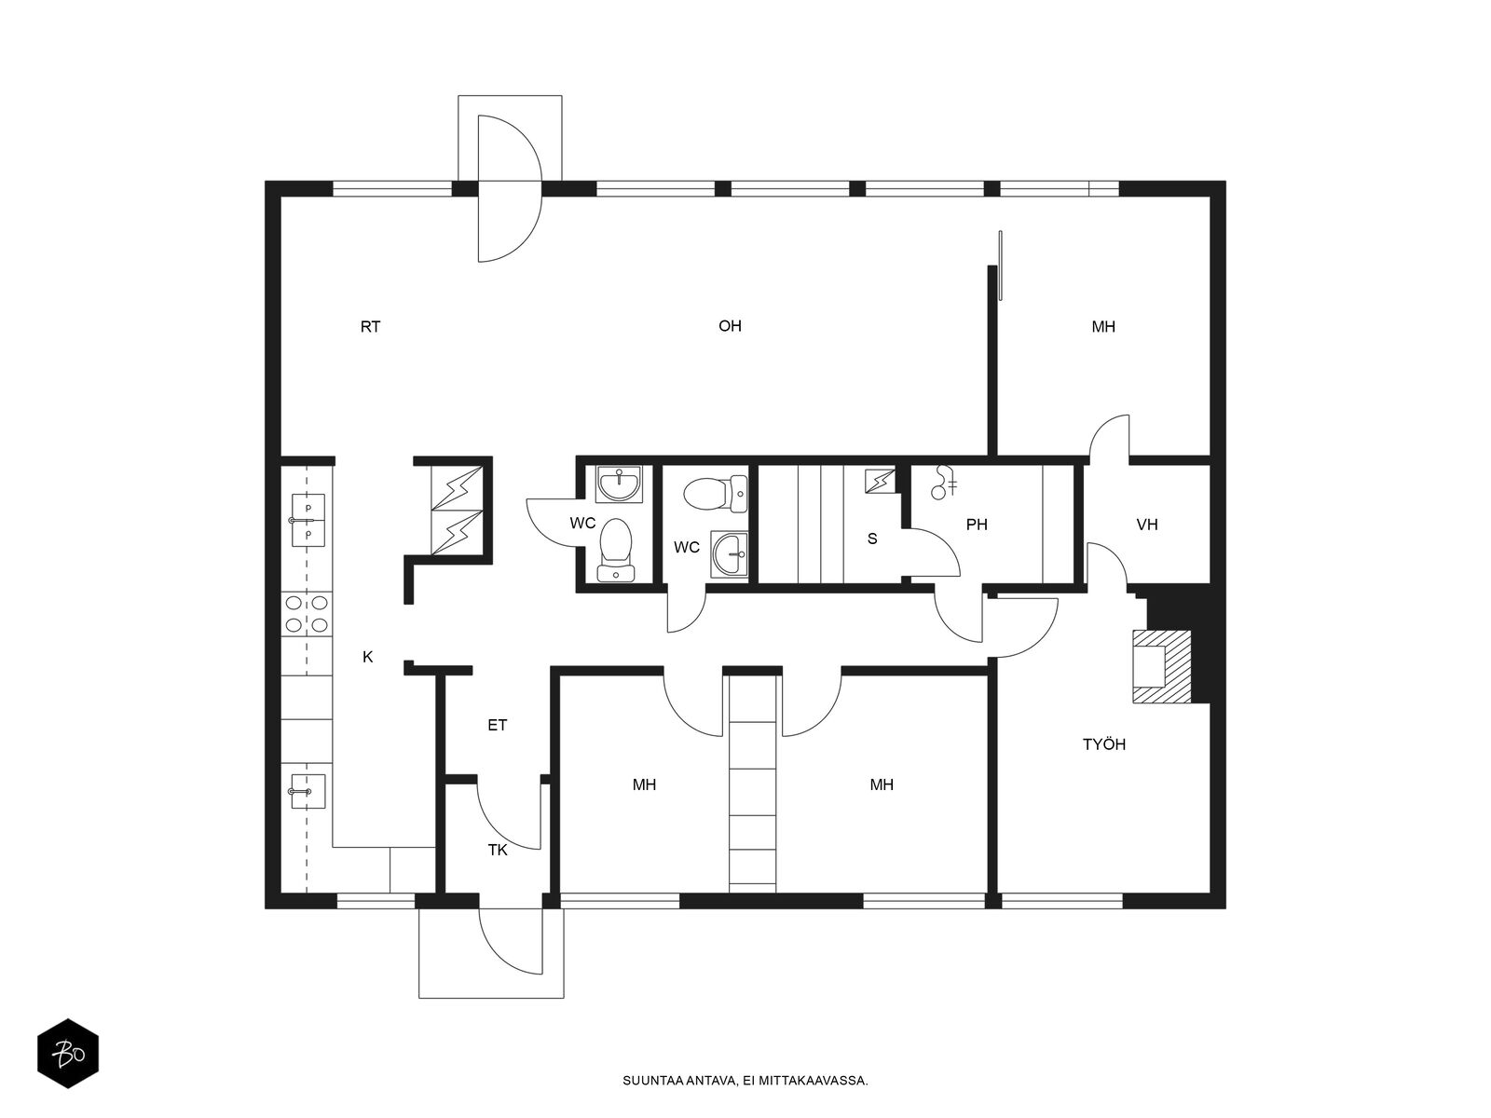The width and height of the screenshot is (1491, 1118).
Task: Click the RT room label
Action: pos(370,327)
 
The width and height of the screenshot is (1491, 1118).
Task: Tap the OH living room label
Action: pos(730,326)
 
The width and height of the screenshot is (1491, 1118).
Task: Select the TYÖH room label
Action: pos(1104,744)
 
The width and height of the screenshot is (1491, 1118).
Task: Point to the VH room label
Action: pos(1146,525)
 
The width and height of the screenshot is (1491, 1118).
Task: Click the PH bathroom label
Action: pos(976,525)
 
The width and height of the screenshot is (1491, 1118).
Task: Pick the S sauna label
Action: pos(872,539)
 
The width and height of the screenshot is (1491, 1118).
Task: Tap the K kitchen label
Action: pos(367,657)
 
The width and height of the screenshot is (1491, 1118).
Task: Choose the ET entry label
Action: pos(498,726)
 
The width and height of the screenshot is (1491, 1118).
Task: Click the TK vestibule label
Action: pos(498,851)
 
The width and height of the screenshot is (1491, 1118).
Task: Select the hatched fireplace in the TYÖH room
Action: pos(1161,666)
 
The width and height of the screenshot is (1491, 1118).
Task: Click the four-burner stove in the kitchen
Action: pos(307,614)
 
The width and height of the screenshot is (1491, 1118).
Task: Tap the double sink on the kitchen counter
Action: pos(308,521)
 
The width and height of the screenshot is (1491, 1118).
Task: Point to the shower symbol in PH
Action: pos(943,482)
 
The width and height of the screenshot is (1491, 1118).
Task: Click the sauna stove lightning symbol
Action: pos(880,482)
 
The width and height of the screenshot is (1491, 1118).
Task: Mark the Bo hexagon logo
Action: pos(68,1054)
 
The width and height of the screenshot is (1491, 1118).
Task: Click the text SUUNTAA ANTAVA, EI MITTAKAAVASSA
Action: pos(745,1081)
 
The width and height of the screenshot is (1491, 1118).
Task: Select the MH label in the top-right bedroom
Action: pos(1103,327)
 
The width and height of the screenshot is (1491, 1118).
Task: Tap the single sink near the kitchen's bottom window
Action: pos(308,792)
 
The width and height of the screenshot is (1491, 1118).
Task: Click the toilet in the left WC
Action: pos(616,551)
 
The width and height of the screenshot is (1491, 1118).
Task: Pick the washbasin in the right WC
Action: pos(729,554)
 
